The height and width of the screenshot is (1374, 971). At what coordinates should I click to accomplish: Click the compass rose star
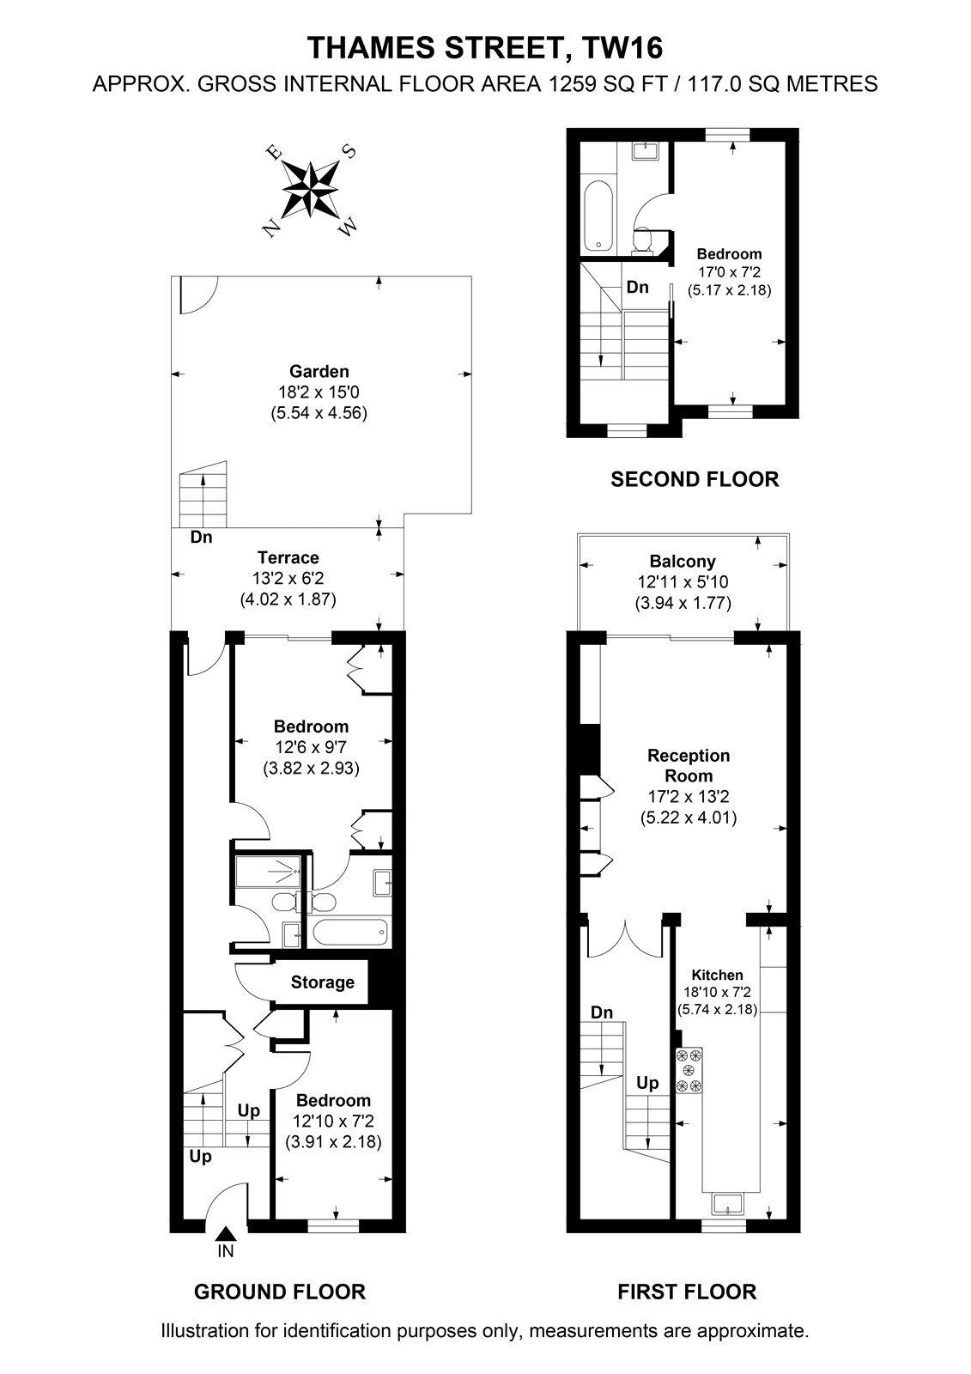[311, 190]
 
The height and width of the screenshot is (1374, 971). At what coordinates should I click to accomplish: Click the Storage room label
[322, 982]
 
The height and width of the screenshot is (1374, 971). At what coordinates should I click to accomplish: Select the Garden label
[319, 371]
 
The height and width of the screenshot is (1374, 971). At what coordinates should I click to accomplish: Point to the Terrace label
[288, 557]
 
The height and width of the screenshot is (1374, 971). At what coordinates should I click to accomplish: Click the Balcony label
[683, 562]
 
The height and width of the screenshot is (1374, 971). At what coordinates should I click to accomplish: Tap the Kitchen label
[717, 975]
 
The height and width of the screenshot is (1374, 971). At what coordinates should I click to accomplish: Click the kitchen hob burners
[689, 1070]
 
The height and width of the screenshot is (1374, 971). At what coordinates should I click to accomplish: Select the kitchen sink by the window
[727, 1203]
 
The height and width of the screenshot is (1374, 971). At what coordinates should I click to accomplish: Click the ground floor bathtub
[350, 933]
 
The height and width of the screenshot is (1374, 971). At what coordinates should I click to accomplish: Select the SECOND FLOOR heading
[695, 479]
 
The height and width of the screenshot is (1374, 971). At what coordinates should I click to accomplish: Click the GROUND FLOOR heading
[280, 1292]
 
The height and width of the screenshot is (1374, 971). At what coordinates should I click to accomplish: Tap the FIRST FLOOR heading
[687, 1292]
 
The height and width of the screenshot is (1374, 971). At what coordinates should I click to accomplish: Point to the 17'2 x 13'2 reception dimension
[689, 797]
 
